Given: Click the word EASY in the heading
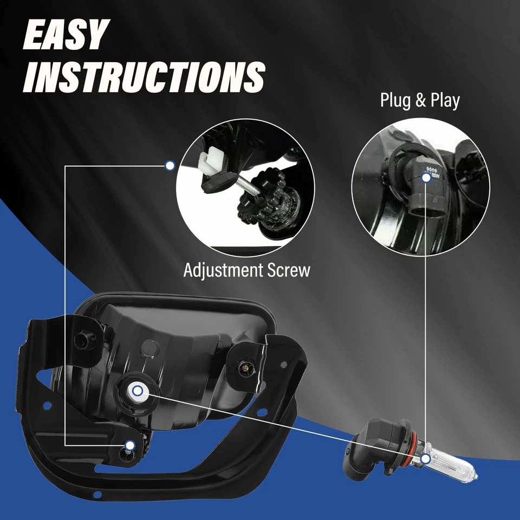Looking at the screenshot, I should coord(65,36).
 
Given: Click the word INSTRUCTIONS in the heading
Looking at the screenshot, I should coord(145,76).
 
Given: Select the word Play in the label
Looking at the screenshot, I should coord(445,100).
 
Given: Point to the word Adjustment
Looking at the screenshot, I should coord(224,270).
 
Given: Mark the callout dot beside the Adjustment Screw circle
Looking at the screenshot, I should coord(170,165).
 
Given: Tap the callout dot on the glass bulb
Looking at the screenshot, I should coord(425,459).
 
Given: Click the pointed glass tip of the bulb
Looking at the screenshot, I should coord(474,477).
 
